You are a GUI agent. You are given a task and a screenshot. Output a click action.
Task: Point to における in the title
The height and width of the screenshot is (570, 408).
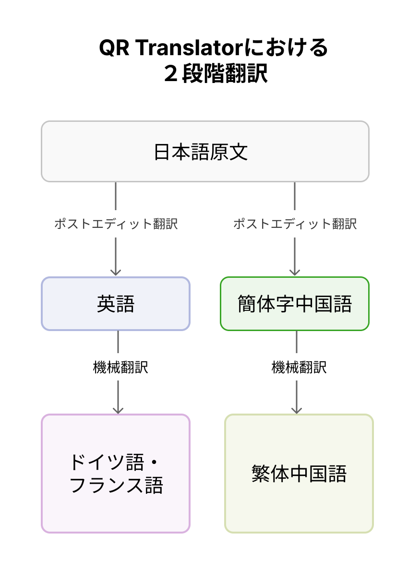click(x=287, y=48)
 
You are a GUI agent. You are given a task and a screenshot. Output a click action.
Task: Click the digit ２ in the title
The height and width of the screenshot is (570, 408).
click(x=171, y=75)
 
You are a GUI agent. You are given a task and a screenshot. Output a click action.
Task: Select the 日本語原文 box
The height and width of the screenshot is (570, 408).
click(x=205, y=152)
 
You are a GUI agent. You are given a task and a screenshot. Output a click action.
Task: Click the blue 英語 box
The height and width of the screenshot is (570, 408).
click(x=116, y=304)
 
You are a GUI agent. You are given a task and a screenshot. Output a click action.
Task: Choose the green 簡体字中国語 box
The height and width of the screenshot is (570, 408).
click(x=294, y=304)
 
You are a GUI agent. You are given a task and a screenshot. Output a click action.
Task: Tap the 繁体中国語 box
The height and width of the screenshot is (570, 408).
click(x=299, y=474)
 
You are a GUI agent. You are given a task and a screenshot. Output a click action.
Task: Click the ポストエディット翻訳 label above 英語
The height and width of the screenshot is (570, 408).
click(x=116, y=224)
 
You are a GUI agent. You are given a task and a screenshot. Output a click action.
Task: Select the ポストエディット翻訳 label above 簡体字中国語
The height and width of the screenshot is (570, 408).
click(x=295, y=224)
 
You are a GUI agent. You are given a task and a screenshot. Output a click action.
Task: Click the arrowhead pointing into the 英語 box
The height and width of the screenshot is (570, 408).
click(x=116, y=272)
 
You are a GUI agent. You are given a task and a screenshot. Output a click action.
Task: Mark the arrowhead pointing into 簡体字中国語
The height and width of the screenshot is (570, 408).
click(x=295, y=272)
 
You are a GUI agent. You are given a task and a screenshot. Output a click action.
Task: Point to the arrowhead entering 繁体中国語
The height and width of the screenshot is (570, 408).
click(x=297, y=409)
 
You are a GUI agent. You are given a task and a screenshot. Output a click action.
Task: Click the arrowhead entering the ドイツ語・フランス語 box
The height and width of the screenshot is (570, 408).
click(x=118, y=409)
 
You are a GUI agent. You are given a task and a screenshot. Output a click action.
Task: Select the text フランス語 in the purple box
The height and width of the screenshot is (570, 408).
click(x=116, y=486)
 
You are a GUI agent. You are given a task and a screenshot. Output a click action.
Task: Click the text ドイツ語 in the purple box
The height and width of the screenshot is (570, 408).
click(x=106, y=462)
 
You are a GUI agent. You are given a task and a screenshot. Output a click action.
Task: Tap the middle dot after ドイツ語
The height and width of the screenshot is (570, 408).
click(x=154, y=463)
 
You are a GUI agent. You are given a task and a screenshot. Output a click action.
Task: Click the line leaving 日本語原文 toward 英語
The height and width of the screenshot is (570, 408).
click(x=116, y=197)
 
